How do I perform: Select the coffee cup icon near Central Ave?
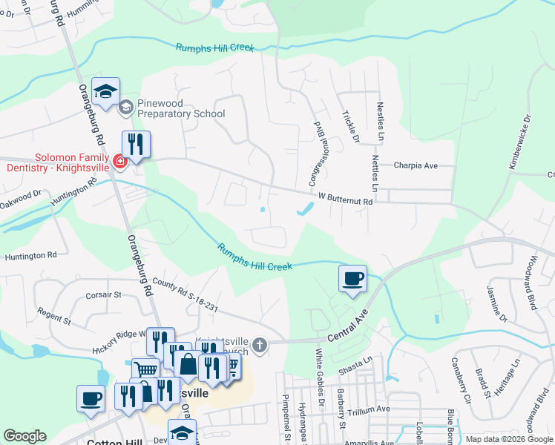(352, 278)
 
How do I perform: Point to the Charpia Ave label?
(416, 165)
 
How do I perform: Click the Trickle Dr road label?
(350, 127)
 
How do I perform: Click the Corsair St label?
(103, 294)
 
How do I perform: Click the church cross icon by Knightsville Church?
(259, 344)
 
